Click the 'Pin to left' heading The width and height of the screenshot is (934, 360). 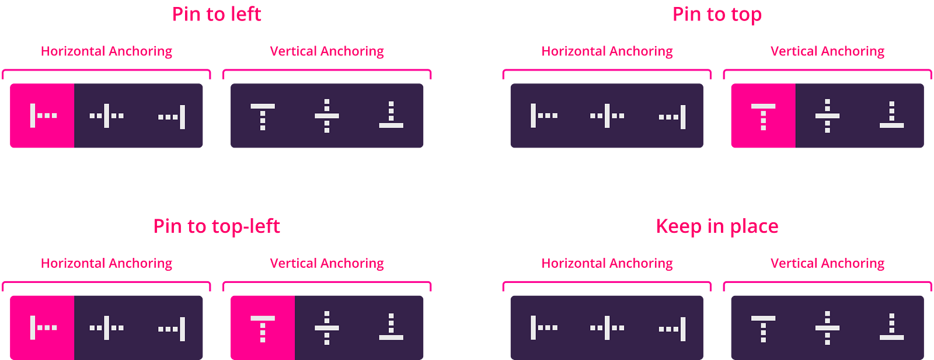(217, 14)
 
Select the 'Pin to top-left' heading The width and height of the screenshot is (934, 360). (217, 227)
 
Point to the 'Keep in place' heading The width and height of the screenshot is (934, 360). (717, 227)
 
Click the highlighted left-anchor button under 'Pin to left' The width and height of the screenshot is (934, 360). (42, 116)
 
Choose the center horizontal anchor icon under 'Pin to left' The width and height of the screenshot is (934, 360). (106, 116)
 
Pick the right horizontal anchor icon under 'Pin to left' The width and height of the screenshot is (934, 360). (172, 117)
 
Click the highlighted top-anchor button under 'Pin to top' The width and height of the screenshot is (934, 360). (764, 116)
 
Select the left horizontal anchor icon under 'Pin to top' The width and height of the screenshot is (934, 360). (544, 116)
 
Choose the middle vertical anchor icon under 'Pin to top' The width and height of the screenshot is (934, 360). (828, 116)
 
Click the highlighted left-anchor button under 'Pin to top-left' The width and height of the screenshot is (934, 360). (42, 327)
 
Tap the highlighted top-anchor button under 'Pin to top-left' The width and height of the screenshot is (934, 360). (263, 327)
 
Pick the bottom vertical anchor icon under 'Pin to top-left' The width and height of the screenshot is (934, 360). (391, 327)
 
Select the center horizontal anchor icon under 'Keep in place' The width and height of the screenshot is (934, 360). (607, 328)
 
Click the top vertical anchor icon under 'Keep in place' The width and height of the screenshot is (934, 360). (764, 329)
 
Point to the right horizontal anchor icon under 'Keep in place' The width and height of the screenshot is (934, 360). (672, 329)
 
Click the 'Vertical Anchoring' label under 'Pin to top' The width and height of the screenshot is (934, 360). (828, 51)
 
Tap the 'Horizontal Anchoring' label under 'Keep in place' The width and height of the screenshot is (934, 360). (607, 263)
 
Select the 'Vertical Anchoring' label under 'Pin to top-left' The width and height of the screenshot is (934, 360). (327, 263)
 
